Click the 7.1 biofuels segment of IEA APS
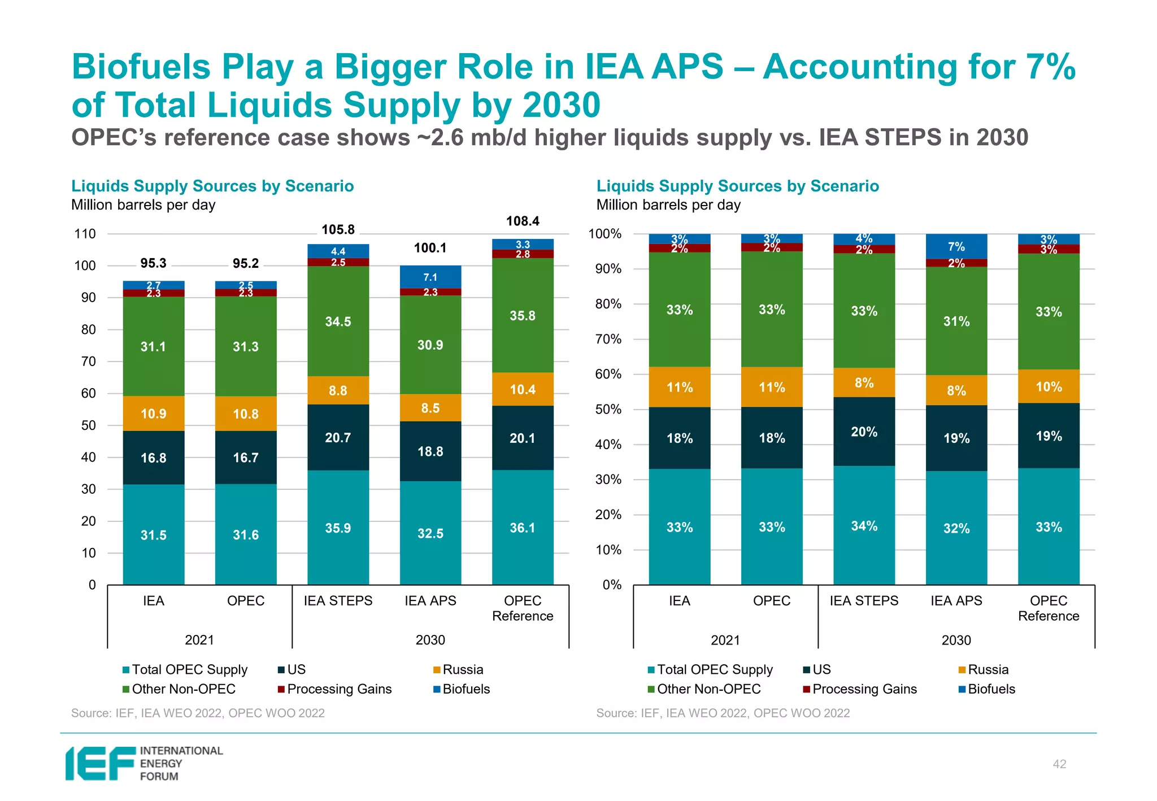click(430, 277)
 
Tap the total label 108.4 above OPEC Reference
click(523, 221)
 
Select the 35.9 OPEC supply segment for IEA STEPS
click(338, 528)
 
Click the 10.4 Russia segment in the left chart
click(523, 389)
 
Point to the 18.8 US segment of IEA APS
click(430, 451)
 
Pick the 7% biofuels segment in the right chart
click(956, 246)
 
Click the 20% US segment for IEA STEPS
click(864, 432)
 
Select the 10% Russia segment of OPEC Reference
click(1049, 387)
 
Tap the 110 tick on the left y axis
click(85, 234)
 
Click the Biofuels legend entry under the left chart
click(462, 689)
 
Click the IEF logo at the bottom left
click(144, 763)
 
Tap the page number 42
click(1059, 764)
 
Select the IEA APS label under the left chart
click(430, 600)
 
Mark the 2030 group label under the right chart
click(956, 640)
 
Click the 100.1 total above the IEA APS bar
click(430, 248)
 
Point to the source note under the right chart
click(723, 713)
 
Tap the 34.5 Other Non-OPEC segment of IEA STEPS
click(338, 321)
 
